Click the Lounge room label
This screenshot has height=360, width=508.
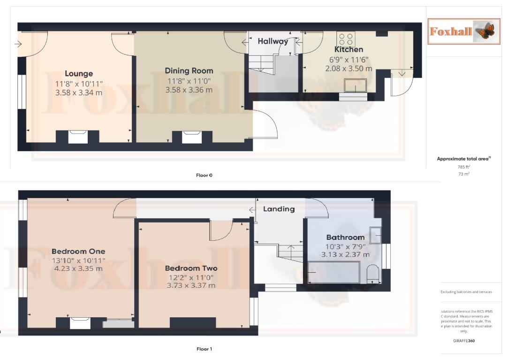coord(79,73)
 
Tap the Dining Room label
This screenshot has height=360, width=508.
coord(189,71)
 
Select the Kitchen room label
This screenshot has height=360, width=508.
coord(349,49)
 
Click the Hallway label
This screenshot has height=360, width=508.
coord(273,41)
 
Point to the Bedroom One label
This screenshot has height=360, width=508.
coord(78,251)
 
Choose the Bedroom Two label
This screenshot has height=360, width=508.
coord(191,268)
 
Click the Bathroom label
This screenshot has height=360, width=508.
coord(345,237)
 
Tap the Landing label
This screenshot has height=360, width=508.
coord(279,209)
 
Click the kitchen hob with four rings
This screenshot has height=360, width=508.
coord(346,38)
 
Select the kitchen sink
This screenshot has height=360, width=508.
coord(355,86)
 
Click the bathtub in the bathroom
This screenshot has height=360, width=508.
coord(334,272)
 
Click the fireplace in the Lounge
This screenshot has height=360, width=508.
coord(78,137)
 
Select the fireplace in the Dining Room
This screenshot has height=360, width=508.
coord(191,137)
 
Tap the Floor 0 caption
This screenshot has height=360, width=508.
coord(204,175)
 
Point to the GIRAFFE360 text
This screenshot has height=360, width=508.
coord(464,341)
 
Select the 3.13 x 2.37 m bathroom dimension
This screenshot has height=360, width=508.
coord(345,254)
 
